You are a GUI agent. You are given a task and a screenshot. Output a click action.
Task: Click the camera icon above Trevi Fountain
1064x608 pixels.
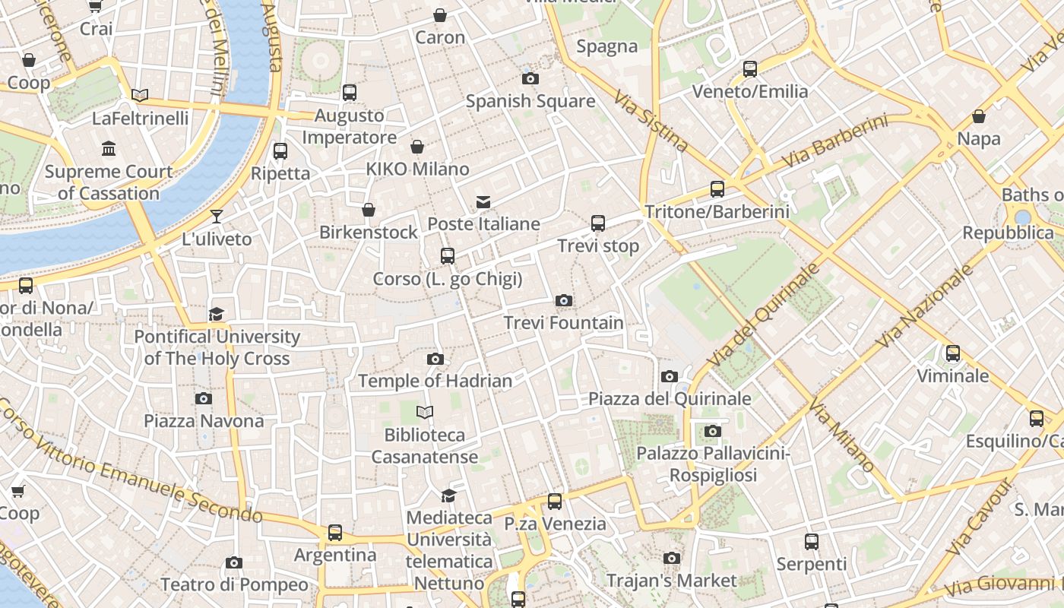[x=563, y=300]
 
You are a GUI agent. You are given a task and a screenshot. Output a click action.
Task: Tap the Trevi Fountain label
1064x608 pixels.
[x=563, y=323]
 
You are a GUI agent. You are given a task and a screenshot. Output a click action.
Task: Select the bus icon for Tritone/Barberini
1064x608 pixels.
[x=717, y=188]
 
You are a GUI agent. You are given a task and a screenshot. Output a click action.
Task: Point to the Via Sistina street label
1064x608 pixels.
[x=651, y=122]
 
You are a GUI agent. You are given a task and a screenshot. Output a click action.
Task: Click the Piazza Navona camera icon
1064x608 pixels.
[x=204, y=398]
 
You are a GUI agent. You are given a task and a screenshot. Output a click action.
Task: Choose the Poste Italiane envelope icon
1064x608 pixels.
[x=483, y=201]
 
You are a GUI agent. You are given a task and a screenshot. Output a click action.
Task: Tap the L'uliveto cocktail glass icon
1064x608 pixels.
[x=217, y=216]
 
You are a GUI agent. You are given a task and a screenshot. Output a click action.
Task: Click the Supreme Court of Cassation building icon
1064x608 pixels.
[x=109, y=148]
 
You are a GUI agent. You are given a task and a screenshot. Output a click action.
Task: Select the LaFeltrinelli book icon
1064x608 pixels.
[x=140, y=95]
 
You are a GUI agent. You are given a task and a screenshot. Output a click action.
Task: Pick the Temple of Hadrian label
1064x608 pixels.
[x=435, y=381]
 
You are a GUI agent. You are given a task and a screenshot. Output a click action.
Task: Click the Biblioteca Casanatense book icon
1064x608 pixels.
[x=425, y=412]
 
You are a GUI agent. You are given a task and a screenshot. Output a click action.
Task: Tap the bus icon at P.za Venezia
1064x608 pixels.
[x=555, y=501]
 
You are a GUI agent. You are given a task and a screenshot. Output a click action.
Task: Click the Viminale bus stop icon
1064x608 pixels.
[x=952, y=353]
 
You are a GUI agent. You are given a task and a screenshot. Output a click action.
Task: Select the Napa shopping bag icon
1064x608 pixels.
[x=979, y=116]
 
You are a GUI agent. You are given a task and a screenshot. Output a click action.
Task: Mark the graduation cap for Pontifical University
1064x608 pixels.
[x=217, y=314]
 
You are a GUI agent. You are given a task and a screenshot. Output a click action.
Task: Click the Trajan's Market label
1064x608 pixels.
[x=671, y=581]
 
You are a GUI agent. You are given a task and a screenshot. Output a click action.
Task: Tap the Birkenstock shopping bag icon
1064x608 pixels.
[x=369, y=209]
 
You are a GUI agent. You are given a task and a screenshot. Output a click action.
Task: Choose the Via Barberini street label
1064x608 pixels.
[x=833, y=142]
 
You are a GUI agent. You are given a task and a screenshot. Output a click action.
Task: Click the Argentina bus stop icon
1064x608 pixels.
[x=335, y=532]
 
